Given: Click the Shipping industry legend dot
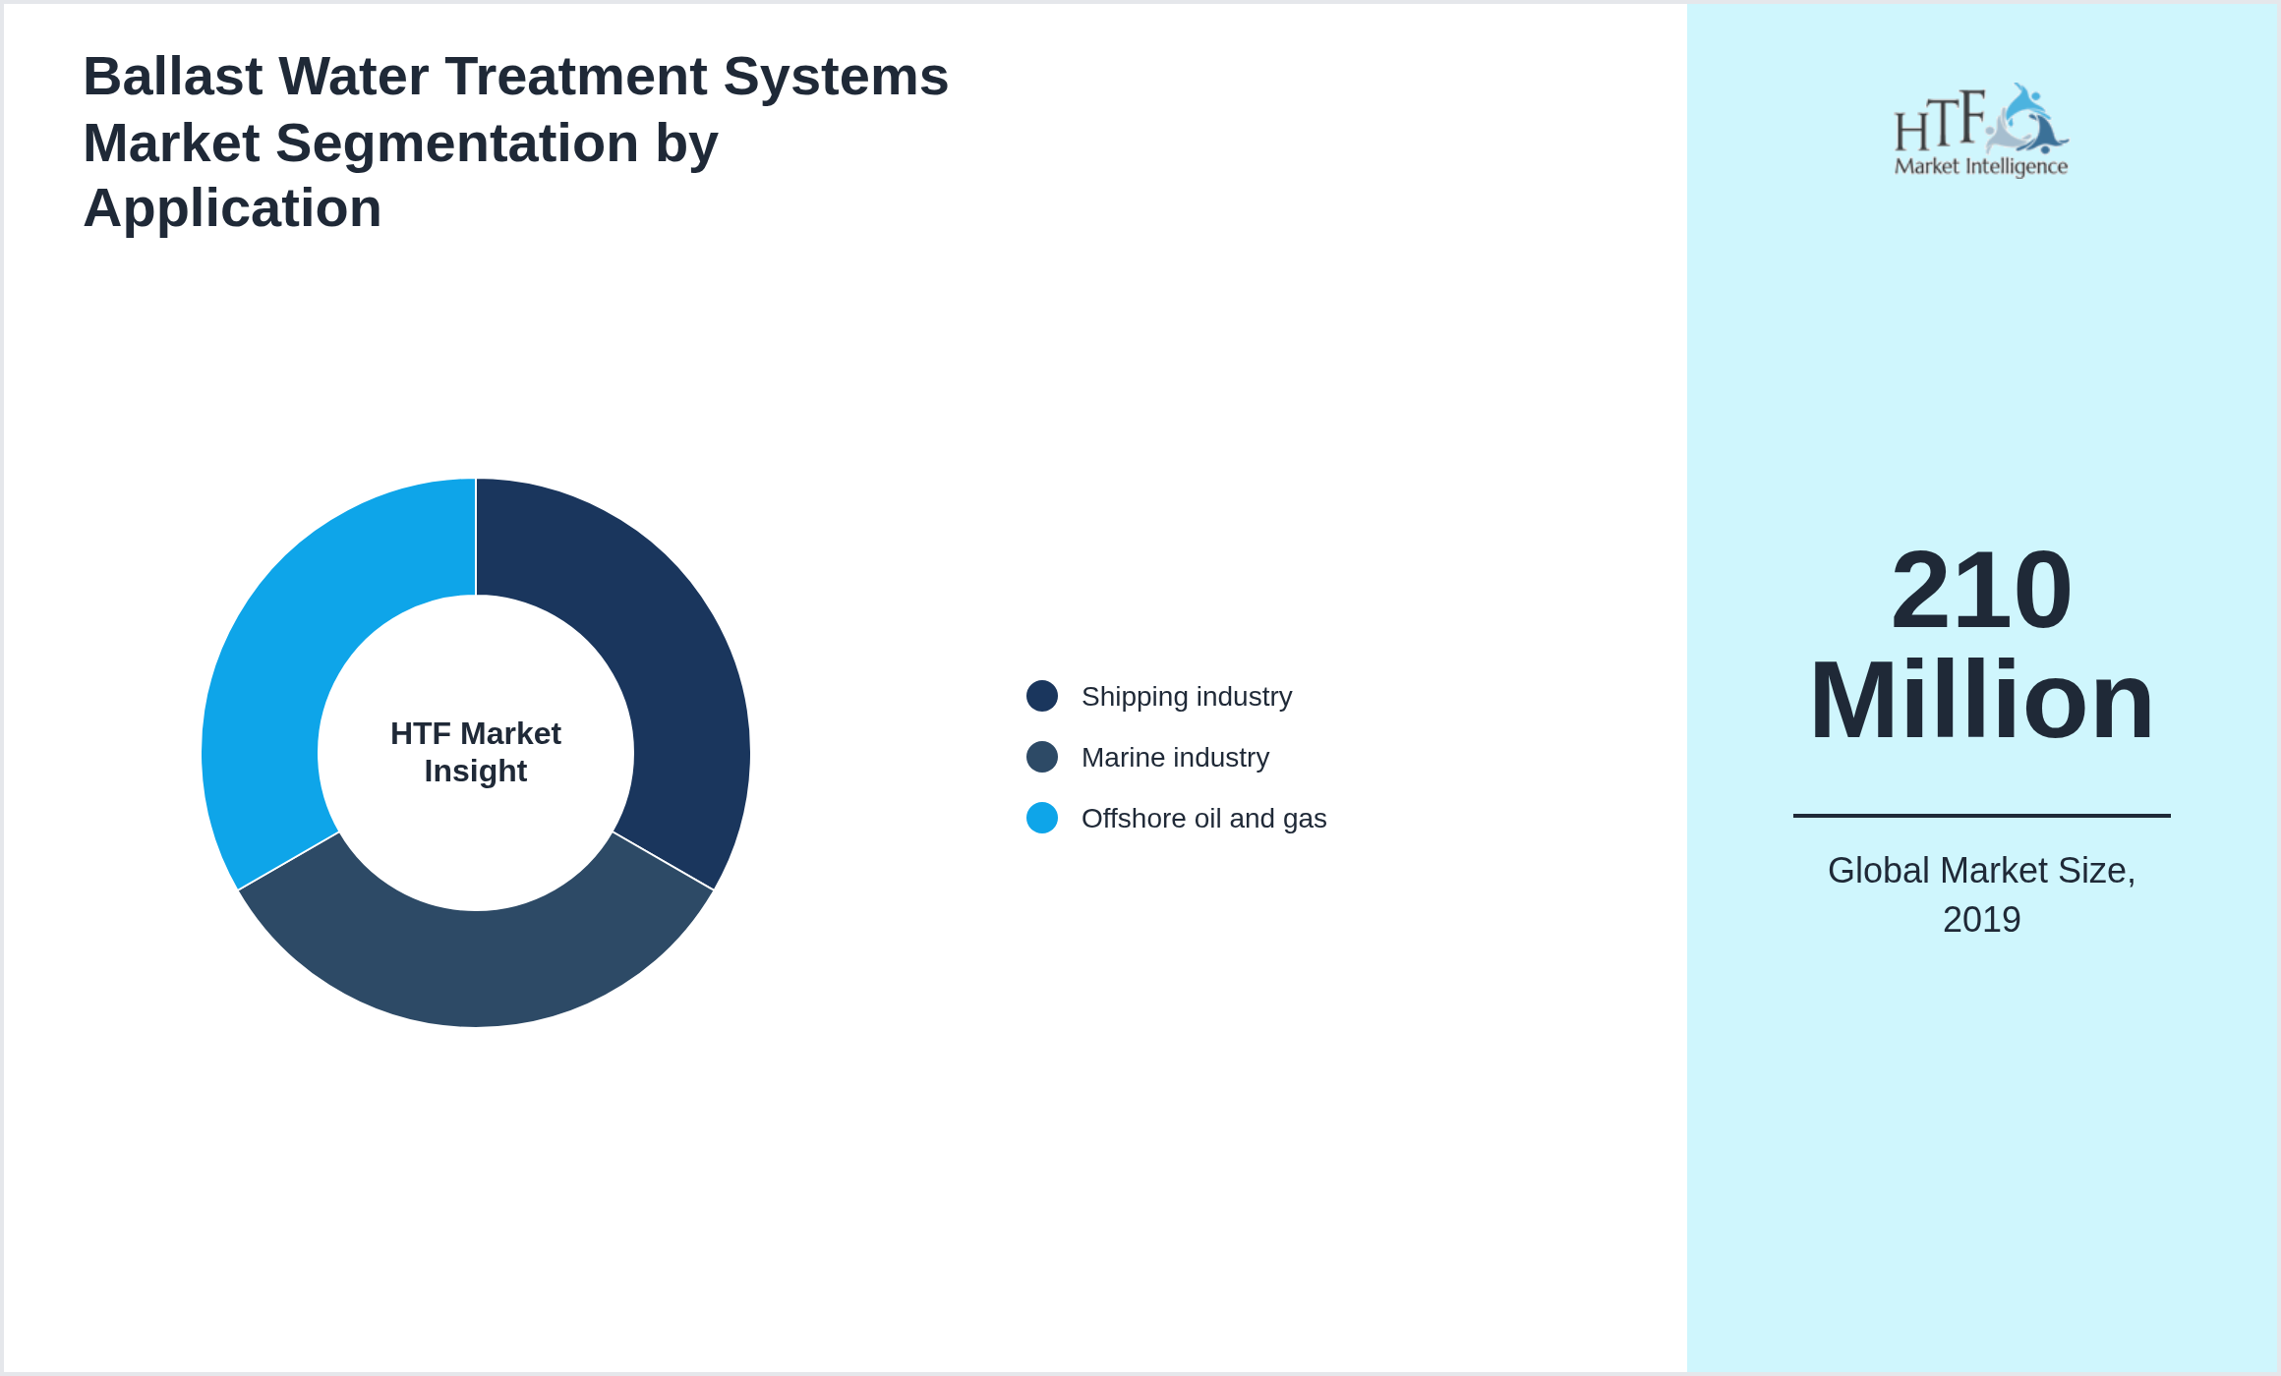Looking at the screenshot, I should coord(1041,696).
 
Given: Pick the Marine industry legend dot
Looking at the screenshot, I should coord(1041,757).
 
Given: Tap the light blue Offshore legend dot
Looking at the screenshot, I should coord(1041,818).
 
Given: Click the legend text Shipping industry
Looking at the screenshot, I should coord(1186,697).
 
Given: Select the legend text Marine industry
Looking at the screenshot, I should coord(1175,758).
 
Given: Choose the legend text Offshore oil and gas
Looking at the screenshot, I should coord(1203,819).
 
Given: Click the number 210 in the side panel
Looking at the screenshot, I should coord(1981,591).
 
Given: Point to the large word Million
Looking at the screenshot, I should coord(1981,701).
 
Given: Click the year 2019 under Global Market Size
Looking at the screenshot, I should coord(1981,920).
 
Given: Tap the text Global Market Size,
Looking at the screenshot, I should coord(1981,871).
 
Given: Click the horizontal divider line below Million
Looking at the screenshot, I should coord(1981,816).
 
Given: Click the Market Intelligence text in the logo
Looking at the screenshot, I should coord(1980,166).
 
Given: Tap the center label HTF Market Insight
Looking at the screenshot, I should coord(476,752).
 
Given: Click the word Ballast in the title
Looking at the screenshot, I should coord(173,77).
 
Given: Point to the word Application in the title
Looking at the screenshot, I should coord(232,208).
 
